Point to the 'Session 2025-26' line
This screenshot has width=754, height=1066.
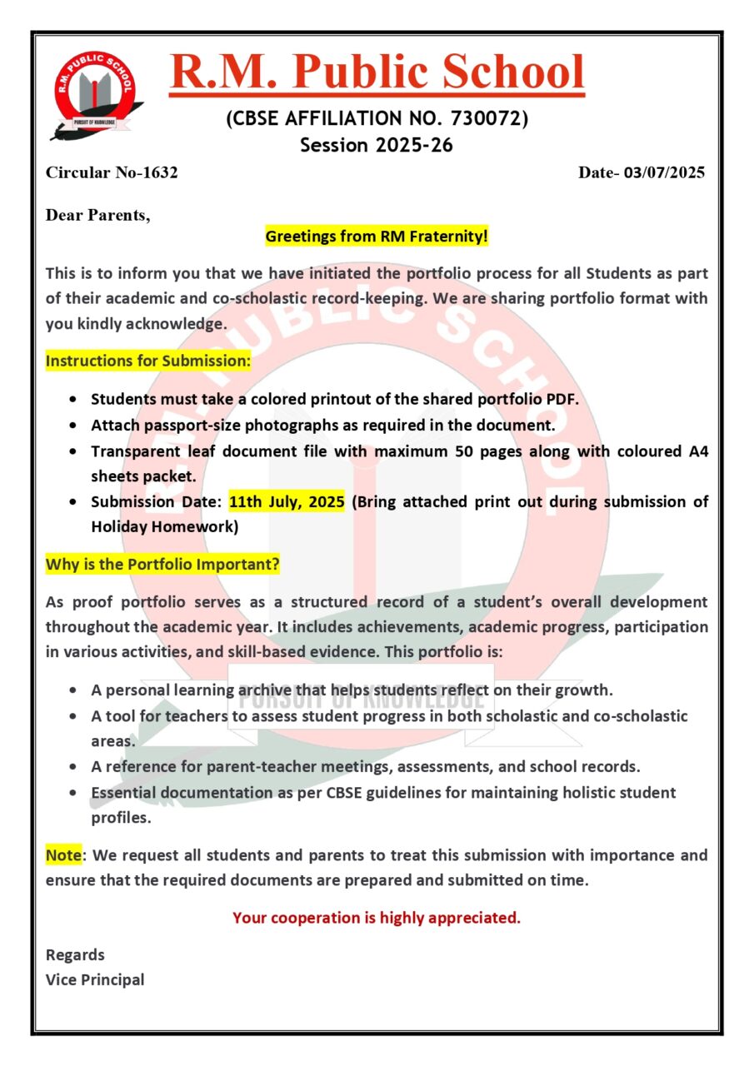coord(377,145)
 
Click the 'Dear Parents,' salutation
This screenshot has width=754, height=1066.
coord(98,215)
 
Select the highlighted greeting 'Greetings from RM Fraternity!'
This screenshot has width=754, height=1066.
coord(377,237)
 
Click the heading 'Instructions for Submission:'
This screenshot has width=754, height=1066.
coord(147,361)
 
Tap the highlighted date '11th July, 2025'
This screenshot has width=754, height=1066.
coord(287,502)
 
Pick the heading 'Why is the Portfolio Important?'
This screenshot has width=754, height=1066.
coord(162,565)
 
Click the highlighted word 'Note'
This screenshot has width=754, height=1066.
coord(63,855)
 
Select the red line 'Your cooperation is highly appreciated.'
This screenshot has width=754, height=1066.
coord(377,918)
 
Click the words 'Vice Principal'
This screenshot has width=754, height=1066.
coord(95,979)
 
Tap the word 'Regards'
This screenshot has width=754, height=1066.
coord(75,954)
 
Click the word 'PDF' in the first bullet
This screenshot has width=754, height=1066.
coord(560,399)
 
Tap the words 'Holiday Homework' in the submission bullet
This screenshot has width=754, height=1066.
coord(164,527)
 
